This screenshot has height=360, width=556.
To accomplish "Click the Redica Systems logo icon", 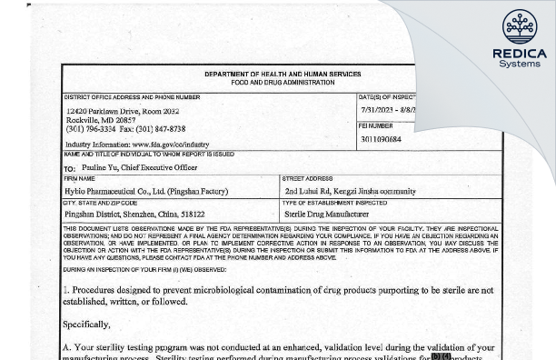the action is [x=520, y=27].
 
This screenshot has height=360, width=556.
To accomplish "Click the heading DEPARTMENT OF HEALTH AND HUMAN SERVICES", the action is [x=283, y=75].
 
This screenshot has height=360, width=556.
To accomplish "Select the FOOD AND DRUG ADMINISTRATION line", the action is [x=283, y=83].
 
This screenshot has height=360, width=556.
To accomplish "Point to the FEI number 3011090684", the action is [x=380, y=139].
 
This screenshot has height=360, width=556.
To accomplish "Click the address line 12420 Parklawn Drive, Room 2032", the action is [x=128, y=110].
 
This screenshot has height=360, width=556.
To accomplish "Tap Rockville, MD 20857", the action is [x=101, y=120].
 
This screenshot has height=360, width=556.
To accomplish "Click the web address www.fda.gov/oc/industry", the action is [x=171, y=145].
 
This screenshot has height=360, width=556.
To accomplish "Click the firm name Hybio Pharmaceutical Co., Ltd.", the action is [x=127, y=192].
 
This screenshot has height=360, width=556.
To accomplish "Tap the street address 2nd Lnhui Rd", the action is [x=310, y=192].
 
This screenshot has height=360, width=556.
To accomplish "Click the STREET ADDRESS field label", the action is [x=308, y=180].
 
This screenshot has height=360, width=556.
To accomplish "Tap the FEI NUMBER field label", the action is [x=376, y=125].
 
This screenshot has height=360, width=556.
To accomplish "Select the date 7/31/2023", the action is [x=377, y=110].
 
